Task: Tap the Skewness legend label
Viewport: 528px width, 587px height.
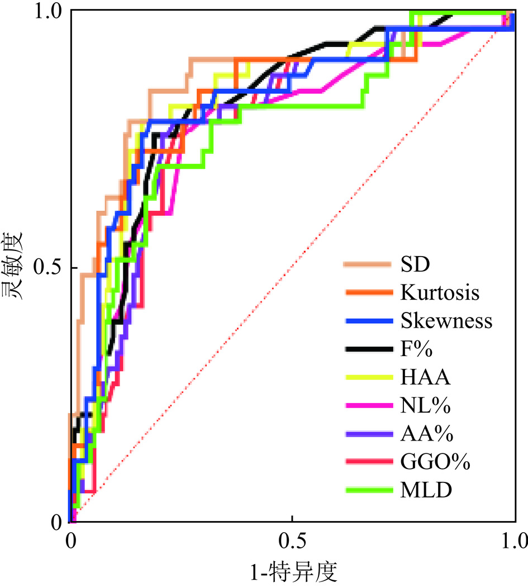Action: click(x=446, y=320)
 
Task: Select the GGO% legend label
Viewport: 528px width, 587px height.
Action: click(x=435, y=462)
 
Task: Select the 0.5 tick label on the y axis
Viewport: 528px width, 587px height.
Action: click(x=49, y=268)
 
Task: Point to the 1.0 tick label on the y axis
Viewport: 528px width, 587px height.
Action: click(x=49, y=13)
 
